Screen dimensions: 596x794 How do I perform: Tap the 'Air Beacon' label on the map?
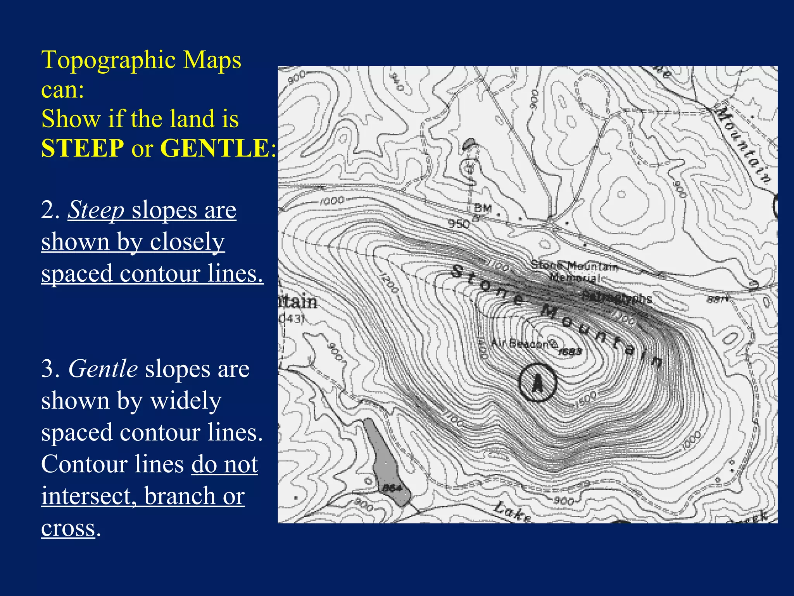click(x=520, y=343)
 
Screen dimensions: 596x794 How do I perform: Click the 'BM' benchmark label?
click(x=483, y=208)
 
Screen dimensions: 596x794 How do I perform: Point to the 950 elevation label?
click(x=459, y=223)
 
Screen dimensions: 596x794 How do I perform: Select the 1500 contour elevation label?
click(x=587, y=399)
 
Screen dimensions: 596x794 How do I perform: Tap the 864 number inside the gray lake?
click(x=392, y=488)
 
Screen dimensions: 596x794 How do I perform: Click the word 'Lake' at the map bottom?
click(x=512, y=511)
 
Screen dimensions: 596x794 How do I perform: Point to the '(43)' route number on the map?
click(x=292, y=319)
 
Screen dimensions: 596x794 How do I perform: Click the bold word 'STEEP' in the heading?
click(x=83, y=148)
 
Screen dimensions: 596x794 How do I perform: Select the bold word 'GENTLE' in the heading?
click(x=216, y=148)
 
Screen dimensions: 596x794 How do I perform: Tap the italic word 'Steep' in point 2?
click(x=96, y=210)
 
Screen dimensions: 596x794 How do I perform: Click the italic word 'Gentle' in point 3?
click(x=103, y=368)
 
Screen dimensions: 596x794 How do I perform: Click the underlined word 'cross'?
click(x=68, y=528)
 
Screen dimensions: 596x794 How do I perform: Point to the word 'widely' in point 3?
click(x=186, y=400)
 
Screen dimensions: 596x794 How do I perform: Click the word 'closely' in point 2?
click(x=187, y=242)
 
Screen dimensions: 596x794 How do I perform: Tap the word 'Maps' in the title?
click(x=212, y=61)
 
